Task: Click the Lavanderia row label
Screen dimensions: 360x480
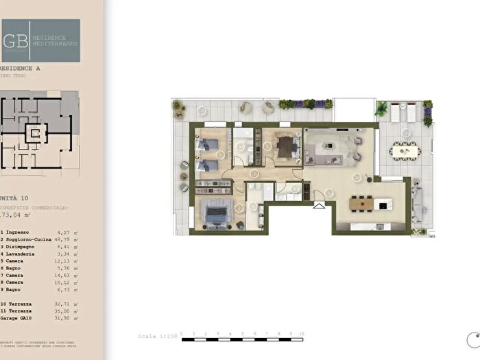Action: (x=24, y=261)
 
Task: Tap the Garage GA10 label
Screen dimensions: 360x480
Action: (x=21, y=319)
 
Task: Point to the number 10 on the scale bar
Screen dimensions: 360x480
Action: (x=301, y=334)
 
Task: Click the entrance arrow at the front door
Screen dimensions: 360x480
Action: (x=319, y=204)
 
